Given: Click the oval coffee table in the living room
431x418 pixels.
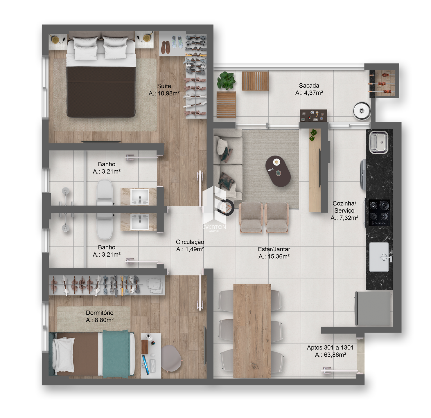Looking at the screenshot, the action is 278,171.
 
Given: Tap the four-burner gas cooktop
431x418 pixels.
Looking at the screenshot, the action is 379,212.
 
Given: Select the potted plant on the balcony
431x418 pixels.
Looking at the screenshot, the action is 226,81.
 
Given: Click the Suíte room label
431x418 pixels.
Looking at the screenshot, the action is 164,86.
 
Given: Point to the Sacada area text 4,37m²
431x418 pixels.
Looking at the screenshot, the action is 313,93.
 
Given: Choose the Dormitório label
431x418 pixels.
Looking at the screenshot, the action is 100,313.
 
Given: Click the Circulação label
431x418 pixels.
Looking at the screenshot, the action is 190,242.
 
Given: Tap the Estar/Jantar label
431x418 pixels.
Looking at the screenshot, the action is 274,249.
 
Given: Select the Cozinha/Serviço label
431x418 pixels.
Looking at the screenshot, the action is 344,207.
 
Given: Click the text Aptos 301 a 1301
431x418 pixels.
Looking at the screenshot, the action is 330,347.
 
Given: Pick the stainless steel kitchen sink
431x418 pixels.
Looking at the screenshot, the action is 379,142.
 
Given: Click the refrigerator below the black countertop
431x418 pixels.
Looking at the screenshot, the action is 373,308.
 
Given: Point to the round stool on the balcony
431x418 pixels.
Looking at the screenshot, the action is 362,111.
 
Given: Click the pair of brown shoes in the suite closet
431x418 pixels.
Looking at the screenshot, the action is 166,47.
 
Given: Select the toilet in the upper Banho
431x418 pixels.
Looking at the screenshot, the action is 105,193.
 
